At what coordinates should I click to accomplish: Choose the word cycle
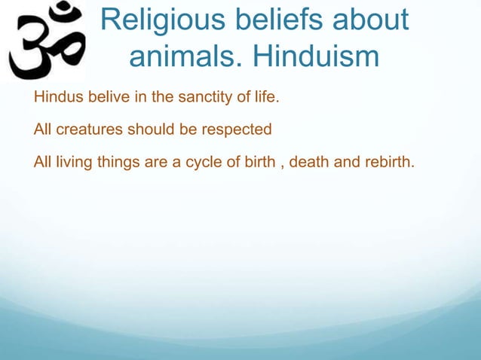coord(193,161)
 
